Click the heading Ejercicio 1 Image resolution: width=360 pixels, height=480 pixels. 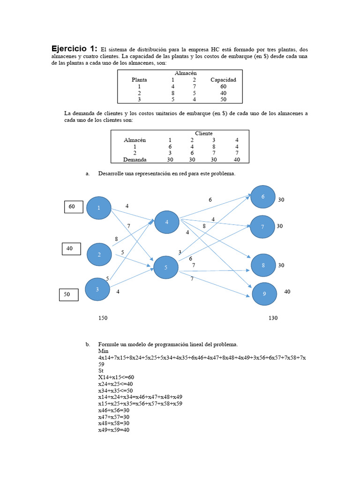[74, 48]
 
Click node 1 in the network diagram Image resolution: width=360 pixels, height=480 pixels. [99, 208]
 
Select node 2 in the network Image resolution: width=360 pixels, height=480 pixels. [99, 255]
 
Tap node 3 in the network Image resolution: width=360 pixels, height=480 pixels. [97, 289]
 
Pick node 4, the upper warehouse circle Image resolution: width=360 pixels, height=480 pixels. [167, 222]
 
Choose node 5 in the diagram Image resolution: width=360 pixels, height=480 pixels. [166, 267]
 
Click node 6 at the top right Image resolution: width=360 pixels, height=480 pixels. [263, 196]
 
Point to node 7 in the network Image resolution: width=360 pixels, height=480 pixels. [263, 226]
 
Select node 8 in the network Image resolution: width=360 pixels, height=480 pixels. [263, 265]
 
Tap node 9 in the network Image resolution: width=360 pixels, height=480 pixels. [264, 294]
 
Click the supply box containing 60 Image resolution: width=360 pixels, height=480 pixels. [73, 207]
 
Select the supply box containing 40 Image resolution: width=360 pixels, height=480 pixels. [70, 249]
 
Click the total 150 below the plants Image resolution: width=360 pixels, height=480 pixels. [103, 318]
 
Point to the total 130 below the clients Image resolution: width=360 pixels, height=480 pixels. [273, 318]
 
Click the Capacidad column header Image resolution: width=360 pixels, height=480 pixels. [223, 80]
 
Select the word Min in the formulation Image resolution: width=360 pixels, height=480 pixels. [103, 351]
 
